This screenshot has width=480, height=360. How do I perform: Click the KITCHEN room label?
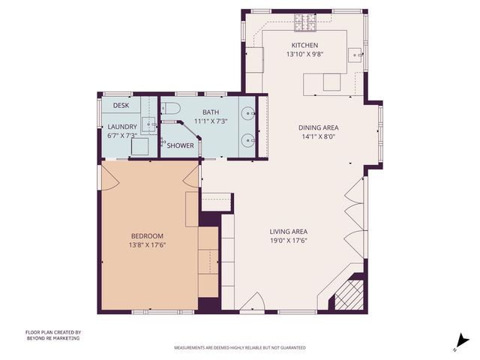(x=304, y=45)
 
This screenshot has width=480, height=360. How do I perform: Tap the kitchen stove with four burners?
(x=306, y=25)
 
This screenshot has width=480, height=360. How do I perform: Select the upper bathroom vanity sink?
(x=247, y=115)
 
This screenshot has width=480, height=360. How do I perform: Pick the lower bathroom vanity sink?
(x=247, y=139)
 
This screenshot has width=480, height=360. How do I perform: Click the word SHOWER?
(x=180, y=145)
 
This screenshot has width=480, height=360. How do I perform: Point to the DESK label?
(x=121, y=106)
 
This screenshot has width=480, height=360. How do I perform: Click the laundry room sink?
(x=148, y=124)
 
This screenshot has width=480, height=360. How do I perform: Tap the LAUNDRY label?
(x=121, y=127)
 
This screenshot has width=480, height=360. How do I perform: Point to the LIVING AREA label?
(x=289, y=231)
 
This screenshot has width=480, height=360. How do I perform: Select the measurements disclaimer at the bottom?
(x=239, y=348)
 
